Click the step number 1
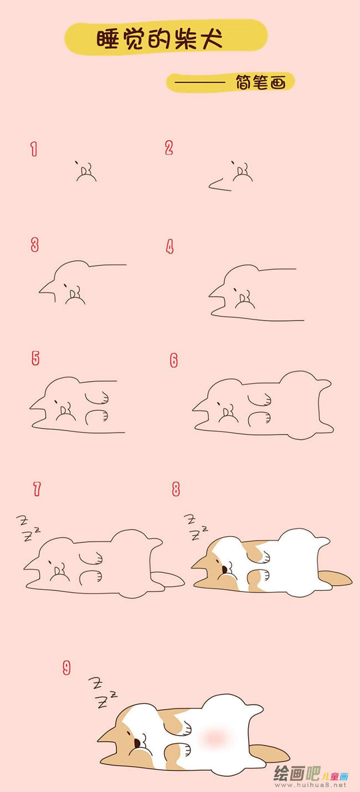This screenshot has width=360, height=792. tap(34, 149)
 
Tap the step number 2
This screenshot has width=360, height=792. tap(169, 148)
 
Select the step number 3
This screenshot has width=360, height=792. tap(34, 245)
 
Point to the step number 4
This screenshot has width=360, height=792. tap(169, 247)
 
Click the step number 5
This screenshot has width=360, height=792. tap(35, 358)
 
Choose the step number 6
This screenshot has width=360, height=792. tap(173, 361)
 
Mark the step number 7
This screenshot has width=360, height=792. tap(37, 489)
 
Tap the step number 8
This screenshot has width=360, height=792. tap(176, 489)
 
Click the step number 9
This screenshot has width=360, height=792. tap(66, 668)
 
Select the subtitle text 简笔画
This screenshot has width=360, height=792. tap(260, 83)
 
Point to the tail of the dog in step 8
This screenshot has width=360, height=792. tap(335, 578)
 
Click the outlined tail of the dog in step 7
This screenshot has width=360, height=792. tap(168, 579)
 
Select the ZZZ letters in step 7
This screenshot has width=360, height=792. tap(28, 528)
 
